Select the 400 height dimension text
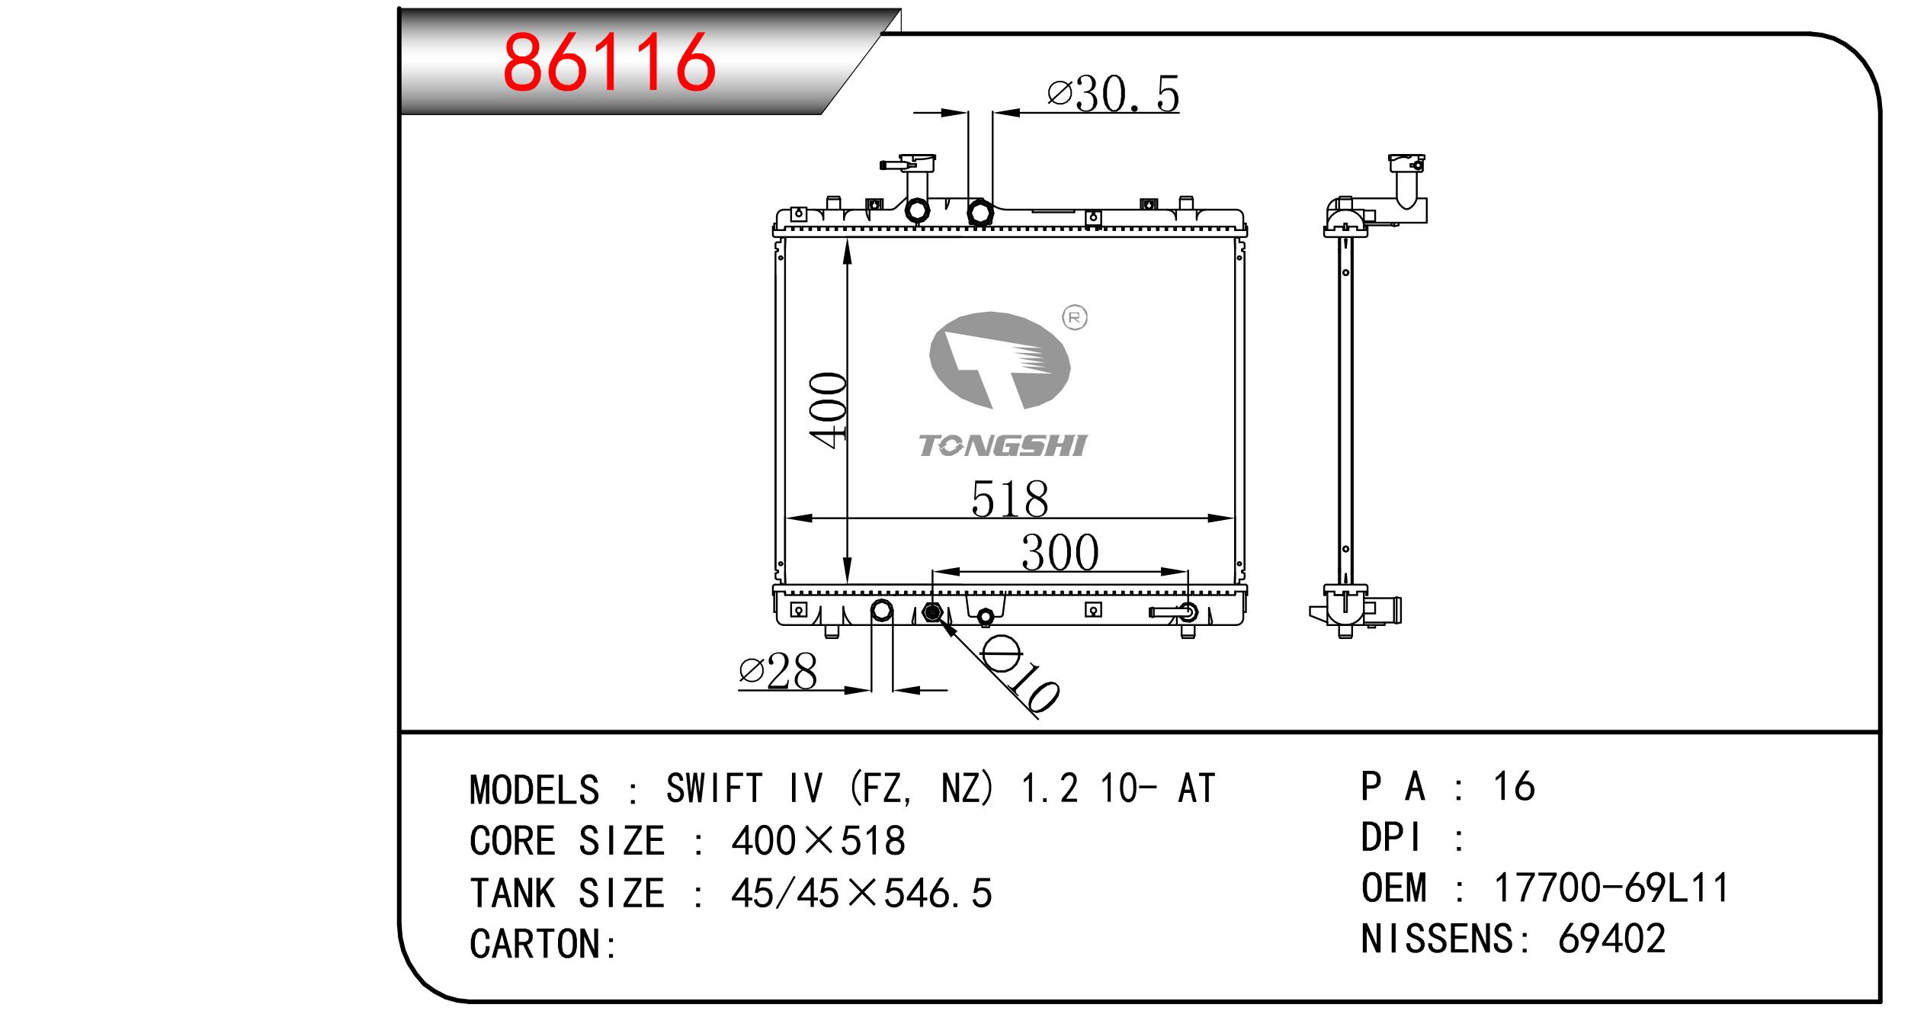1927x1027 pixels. (x=829, y=409)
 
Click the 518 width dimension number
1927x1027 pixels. (x=1009, y=499)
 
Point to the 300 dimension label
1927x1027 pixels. (x=1060, y=553)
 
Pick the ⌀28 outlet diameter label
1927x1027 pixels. (x=778, y=672)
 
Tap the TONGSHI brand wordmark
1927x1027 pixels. (x=1002, y=446)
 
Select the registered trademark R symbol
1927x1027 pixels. (x=1075, y=317)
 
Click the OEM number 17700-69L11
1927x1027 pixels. (x=1611, y=888)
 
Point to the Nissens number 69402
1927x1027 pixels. (x=1611, y=939)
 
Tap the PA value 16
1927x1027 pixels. (x=1513, y=787)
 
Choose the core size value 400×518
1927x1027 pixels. (x=817, y=841)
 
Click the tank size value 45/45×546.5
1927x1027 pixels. (x=861, y=893)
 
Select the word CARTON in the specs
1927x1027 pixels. (x=535, y=944)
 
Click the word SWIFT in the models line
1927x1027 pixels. (x=713, y=788)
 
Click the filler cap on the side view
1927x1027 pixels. (x=1406, y=164)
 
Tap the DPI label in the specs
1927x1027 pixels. (x=1390, y=838)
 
